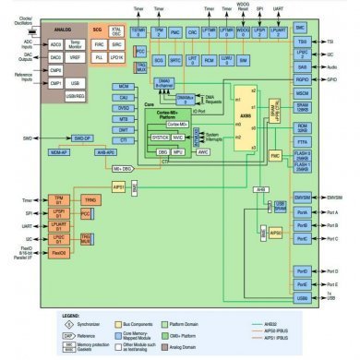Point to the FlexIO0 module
click(x=58, y=252)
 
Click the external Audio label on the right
click(x=333, y=67)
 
